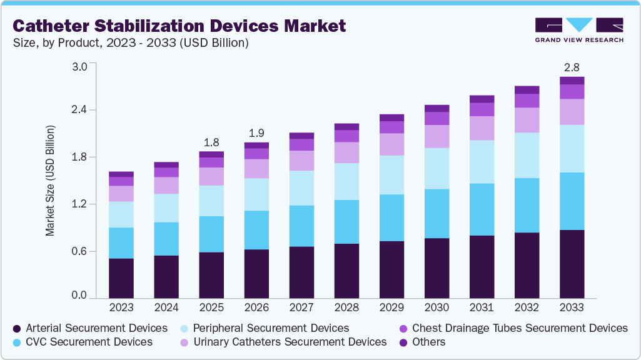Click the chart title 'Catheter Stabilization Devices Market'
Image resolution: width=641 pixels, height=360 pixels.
point(179,26)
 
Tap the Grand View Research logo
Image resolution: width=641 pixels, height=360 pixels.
point(578,30)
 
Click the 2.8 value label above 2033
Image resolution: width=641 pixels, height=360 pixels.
point(572,67)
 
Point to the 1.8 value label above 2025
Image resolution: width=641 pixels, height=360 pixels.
point(211,141)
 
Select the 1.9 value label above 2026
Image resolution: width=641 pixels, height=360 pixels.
point(256,132)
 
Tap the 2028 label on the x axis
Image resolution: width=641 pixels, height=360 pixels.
point(346,308)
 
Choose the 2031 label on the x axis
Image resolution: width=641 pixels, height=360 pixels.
point(482,308)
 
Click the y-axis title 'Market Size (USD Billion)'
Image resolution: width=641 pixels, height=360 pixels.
point(50,181)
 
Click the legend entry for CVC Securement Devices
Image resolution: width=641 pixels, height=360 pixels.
point(83,342)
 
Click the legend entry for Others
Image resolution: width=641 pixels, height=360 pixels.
point(422,342)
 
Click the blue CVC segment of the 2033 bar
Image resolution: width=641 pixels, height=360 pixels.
point(572,201)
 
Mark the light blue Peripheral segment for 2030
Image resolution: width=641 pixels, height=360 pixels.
point(437,168)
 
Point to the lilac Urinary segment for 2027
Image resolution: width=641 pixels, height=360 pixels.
point(301,161)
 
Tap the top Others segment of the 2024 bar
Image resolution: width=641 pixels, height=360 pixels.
point(166,164)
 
